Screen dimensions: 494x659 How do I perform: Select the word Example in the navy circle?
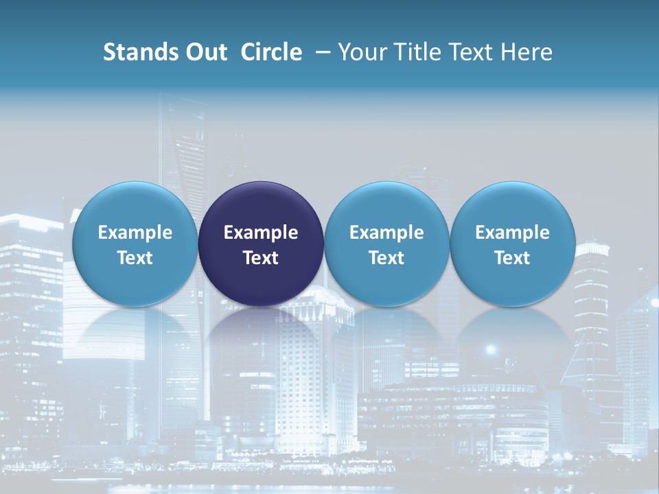click(x=261, y=233)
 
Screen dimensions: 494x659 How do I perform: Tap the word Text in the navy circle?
click(x=261, y=258)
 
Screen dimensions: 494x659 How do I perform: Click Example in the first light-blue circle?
click(x=135, y=233)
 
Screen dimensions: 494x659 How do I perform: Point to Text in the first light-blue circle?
click(x=135, y=258)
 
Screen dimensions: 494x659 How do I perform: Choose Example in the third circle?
click(x=386, y=233)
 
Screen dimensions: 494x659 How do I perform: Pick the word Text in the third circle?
click(x=386, y=258)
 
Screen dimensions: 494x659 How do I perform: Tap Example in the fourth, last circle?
click(x=512, y=233)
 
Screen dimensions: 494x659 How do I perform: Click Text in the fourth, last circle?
click(x=512, y=258)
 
